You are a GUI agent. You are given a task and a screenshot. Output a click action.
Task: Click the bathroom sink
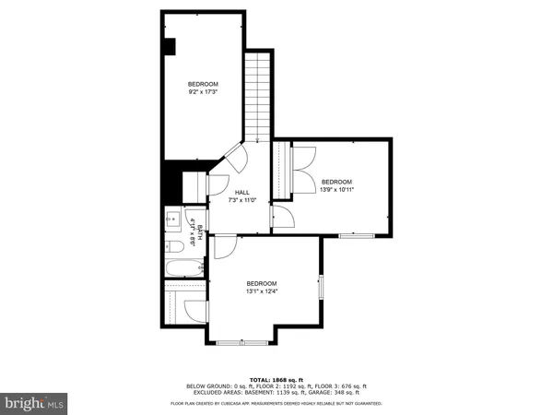(173, 220)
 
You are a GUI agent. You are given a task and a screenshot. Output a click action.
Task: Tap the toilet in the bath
(175, 246)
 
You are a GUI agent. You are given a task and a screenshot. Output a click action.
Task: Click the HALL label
(242, 192)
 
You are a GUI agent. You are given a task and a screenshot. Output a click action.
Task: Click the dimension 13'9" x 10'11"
(338, 190)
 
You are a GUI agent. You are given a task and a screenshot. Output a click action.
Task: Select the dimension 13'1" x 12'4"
(262, 292)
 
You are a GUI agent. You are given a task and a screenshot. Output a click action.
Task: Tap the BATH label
(194, 226)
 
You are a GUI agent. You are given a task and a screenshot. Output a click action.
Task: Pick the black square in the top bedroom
(170, 46)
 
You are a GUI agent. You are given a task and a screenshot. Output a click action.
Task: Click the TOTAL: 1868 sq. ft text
(276, 378)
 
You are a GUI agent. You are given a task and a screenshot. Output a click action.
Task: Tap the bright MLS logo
(33, 402)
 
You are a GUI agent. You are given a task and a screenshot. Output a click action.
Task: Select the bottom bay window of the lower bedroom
(241, 344)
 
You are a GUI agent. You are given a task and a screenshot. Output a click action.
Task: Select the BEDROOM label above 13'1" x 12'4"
(262, 283)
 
